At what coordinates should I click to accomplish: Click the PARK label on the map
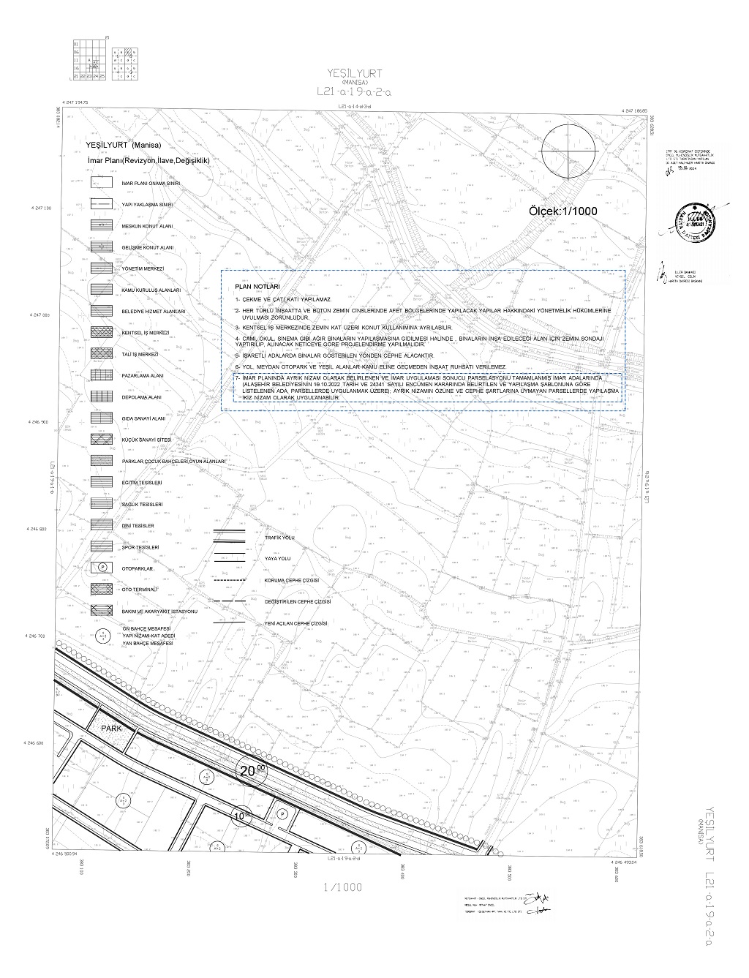tap(110, 729)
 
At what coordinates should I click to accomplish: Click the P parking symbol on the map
tap(282, 813)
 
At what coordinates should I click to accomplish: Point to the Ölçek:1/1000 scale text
tap(562, 211)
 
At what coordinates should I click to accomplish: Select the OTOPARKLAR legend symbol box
tap(103, 568)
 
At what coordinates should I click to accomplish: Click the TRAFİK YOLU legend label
tap(279, 537)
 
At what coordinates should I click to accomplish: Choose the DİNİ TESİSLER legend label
tap(138, 526)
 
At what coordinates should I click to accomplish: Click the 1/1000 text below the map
tap(342, 887)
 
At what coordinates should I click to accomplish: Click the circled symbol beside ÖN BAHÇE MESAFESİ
tap(103, 636)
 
